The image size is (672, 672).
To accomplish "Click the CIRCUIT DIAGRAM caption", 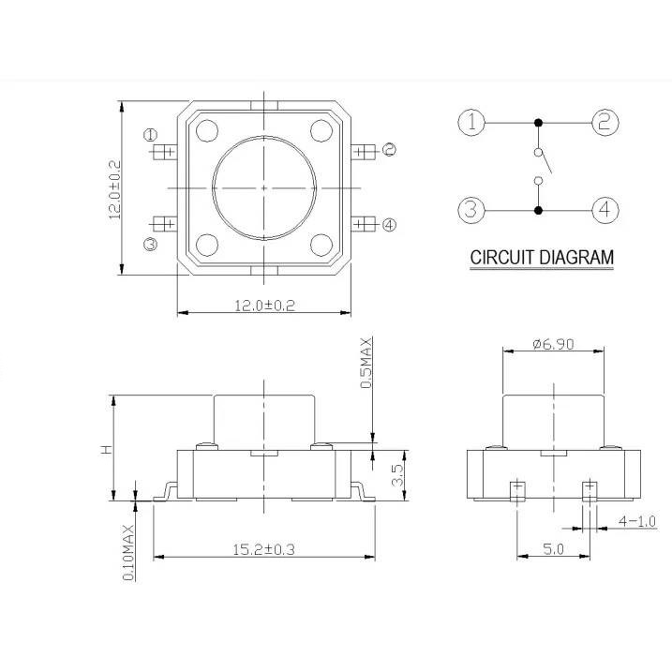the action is [x=542, y=258].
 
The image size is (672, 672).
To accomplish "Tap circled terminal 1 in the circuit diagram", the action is [x=471, y=123].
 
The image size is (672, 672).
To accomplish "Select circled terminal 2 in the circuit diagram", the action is [x=605, y=123].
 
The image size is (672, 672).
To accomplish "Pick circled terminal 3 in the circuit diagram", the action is [x=471, y=210].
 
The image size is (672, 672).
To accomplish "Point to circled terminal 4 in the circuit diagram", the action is [x=605, y=210].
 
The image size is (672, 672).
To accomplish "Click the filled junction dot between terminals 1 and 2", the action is [x=539, y=123].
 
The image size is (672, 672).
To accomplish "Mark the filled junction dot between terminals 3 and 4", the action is [x=539, y=211].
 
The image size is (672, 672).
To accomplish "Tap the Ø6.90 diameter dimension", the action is [x=553, y=344].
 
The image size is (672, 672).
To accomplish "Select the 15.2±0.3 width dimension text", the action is [x=263, y=549].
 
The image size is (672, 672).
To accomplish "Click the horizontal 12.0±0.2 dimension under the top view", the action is [x=264, y=306].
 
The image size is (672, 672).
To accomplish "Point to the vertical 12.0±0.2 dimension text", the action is [x=115, y=189].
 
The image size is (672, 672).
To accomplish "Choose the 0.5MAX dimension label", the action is [x=366, y=363].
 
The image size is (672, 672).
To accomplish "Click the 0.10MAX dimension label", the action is [x=128, y=553].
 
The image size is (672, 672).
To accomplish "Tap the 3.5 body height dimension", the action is [x=398, y=475].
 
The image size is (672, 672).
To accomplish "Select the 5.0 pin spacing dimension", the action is [x=553, y=549].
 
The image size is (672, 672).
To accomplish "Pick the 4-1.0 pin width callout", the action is [x=637, y=521].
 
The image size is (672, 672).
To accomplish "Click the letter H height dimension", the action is [x=106, y=449].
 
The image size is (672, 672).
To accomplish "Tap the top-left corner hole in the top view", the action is [x=207, y=130].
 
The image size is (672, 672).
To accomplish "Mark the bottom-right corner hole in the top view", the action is [x=321, y=245].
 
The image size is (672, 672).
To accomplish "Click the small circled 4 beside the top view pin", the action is [x=389, y=225].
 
